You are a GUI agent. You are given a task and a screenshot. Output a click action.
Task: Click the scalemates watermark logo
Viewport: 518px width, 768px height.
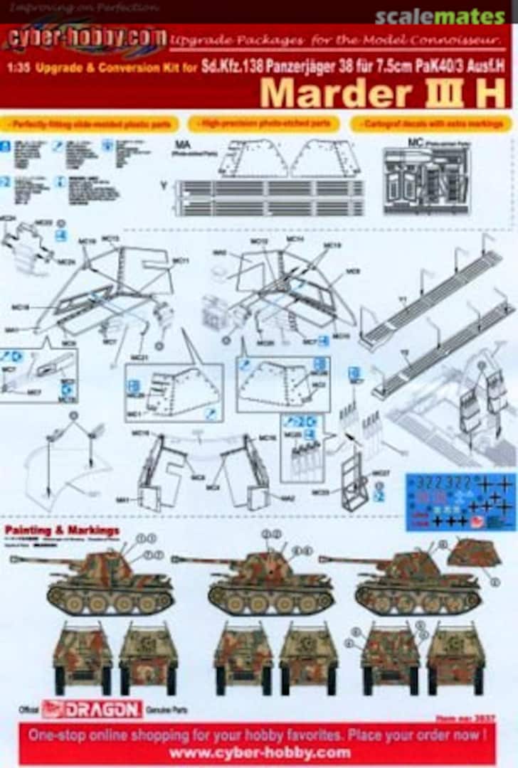tap(440, 16)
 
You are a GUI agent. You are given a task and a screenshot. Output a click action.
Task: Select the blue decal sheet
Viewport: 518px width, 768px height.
tap(460, 501)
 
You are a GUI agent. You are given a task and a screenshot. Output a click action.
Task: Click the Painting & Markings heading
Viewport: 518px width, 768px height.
tap(62, 530)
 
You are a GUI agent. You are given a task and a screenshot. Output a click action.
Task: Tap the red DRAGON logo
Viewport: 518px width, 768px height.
tap(92, 709)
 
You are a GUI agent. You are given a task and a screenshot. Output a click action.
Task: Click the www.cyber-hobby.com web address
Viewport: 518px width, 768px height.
tap(260, 752)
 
